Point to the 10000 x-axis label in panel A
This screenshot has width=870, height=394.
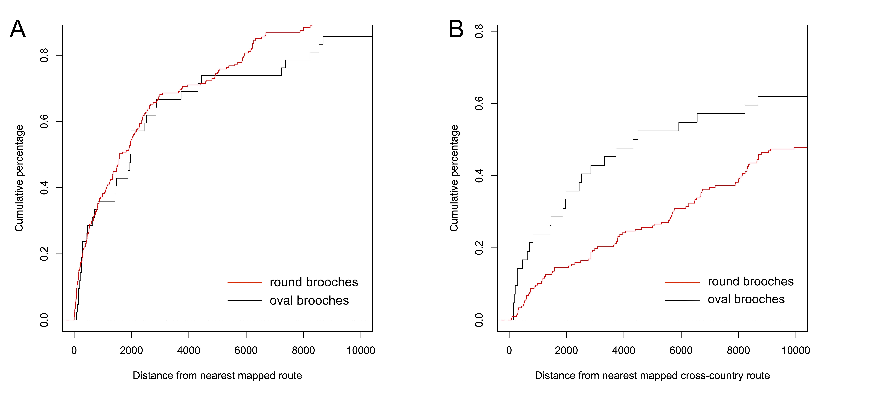(x=361, y=350)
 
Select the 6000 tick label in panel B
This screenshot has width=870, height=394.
(x=681, y=350)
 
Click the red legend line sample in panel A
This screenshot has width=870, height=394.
(x=244, y=282)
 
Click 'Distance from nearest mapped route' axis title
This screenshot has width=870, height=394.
(x=217, y=375)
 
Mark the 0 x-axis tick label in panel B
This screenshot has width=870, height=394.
(x=509, y=350)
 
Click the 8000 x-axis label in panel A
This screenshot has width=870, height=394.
(x=303, y=350)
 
